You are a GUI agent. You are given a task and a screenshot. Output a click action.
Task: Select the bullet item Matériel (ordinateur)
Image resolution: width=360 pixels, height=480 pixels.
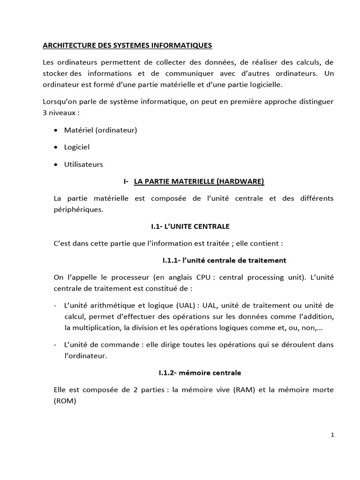[100, 130]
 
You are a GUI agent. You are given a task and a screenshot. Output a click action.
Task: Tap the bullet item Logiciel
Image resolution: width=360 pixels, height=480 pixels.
[77, 147]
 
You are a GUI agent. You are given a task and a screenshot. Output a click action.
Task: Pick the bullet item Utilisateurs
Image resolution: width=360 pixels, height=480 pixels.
[83, 164]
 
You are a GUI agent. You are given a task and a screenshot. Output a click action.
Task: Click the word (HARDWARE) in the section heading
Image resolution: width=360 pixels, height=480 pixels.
[240, 181]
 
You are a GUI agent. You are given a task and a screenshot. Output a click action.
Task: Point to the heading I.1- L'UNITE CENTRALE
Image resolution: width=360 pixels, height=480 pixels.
[190, 226]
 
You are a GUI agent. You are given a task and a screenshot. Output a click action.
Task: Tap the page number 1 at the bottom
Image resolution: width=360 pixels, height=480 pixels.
[332, 435]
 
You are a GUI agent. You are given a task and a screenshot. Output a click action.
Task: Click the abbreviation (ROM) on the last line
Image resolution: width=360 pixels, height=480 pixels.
[64, 401]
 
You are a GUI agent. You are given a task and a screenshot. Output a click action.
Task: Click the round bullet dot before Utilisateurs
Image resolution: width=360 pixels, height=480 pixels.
[57, 165]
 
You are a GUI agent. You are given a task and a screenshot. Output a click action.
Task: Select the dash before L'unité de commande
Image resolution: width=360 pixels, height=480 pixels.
[56, 345]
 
